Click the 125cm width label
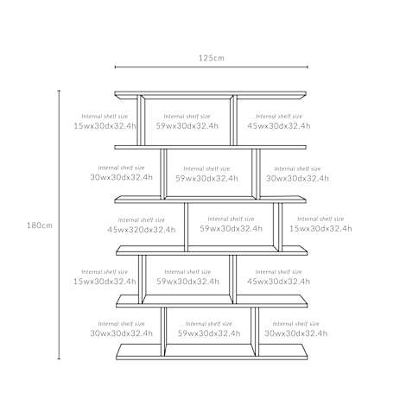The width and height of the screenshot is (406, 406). [x=211, y=58]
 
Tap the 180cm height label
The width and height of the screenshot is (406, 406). [x=40, y=225]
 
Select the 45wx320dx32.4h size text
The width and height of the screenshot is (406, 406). [x=142, y=230]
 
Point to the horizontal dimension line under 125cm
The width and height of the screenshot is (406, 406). [x=212, y=67]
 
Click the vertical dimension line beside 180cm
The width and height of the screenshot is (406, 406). [x=59, y=225]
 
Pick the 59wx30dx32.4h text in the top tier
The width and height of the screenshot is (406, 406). [x=187, y=126]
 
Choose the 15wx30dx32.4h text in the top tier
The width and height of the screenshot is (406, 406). [x=105, y=126]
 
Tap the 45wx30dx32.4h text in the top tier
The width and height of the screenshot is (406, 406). [x=279, y=126]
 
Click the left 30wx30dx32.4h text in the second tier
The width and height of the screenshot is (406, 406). [x=121, y=177]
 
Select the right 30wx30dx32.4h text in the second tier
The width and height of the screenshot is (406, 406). [x=297, y=178]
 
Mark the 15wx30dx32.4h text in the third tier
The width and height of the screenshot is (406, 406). [x=320, y=229]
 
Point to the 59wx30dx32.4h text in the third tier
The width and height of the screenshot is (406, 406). [x=232, y=229]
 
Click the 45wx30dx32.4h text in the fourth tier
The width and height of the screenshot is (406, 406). [x=278, y=282]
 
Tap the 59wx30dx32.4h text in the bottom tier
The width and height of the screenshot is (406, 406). [x=209, y=333]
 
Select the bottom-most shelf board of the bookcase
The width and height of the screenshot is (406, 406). [x=212, y=352]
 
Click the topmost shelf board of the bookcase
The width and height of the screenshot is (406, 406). [x=210, y=95]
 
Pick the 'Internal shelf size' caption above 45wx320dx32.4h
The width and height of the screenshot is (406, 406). [x=142, y=220]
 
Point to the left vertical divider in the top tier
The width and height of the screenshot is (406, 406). [x=141, y=120]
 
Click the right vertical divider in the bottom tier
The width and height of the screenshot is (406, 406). [x=255, y=332]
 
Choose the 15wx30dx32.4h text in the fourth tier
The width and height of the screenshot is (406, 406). [x=105, y=282]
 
